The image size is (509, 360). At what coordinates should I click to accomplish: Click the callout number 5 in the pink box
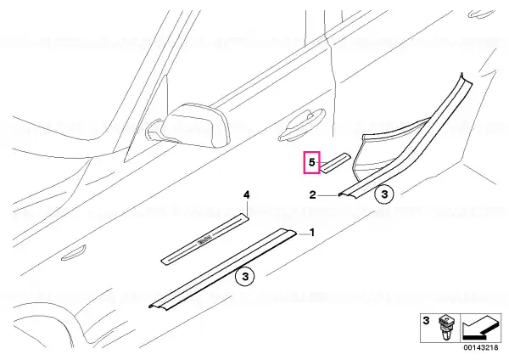pyautogui.click(x=311, y=162)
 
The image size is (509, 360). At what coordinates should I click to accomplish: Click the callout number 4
pyautogui.click(x=247, y=195)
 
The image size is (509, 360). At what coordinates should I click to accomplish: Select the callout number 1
pyautogui.click(x=312, y=233)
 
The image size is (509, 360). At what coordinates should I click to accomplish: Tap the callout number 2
pyautogui.click(x=312, y=195)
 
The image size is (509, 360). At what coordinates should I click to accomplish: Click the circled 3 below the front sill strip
pyautogui.click(x=245, y=277)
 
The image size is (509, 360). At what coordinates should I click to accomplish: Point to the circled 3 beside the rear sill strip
pyautogui.click(x=384, y=194)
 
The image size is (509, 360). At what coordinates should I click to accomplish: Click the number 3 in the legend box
pyautogui.click(x=426, y=321)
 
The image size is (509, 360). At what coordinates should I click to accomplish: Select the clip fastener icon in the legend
pyautogui.click(x=445, y=327)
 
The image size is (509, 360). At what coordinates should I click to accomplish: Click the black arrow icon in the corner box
pyautogui.click(x=481, y=328)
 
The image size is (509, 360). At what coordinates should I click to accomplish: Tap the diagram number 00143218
pyautogui.click(x=481, y=347)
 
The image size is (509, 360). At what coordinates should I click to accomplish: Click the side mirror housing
pyautogui.click(x=195, y=125)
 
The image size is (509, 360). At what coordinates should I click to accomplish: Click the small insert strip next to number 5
pyautogui.click(x=336, y=161)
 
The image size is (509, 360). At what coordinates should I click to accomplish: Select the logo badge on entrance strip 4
pyautogui.click(x=204, y=242)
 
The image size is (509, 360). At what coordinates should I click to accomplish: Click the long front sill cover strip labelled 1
pyautogui.click(x=222, y=268)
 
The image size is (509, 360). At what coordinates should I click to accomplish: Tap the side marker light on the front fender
pyautogui.click(x=74, y=253)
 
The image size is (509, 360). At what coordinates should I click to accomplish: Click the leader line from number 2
pyautogui.click(x=327, y=195)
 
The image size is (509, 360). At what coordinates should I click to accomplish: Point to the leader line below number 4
pyautogui.click(x=247, y=207)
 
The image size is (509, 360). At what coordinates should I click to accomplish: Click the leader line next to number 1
pyautogui.click(x=303, y=234)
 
